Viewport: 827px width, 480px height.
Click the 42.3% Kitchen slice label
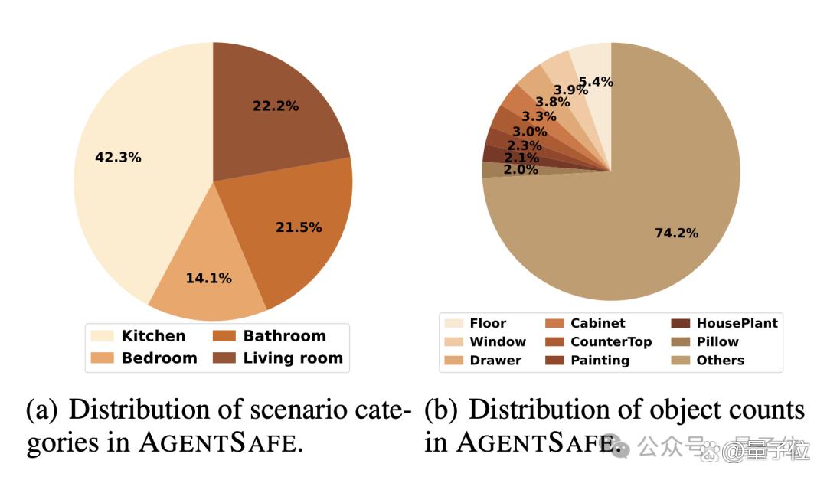pos(118,157)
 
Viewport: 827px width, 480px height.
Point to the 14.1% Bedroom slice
pos(208,274)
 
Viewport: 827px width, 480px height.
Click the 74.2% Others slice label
pos(677,233)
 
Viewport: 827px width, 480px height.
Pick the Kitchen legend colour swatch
pos(102,336)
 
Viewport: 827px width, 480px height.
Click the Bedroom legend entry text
pos(159,358)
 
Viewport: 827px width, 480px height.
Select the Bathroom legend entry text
pos(284,335)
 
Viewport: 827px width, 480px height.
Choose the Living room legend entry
pos(278,358)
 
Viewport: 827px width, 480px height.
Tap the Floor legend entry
pos(476,323)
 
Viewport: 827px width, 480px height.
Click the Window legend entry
pos(485,341)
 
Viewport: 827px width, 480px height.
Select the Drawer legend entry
pos(482,361)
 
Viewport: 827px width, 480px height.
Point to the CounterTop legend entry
pos(599,341)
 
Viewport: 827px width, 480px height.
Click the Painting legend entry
pos(587,361)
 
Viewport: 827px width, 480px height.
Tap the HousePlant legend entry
pos(724,323)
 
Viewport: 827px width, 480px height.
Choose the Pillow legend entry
pos(705,341)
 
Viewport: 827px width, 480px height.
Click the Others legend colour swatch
pos(681,361)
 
